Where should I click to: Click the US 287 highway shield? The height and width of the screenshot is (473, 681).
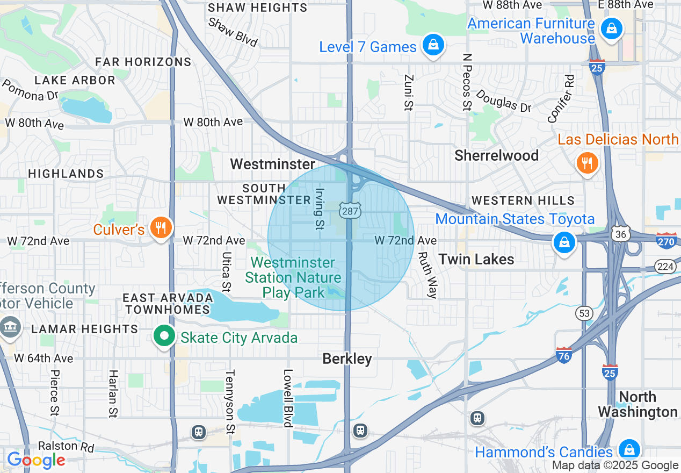pyautogui.click(x=350, y=211)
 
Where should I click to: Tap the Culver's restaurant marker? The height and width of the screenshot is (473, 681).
pyautogui.click(x=160, y=228)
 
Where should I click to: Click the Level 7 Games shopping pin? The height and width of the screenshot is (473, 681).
pyautogui.click(x=432, y=45)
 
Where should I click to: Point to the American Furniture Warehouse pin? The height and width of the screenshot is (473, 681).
pyautogui.click(x=611, y=28)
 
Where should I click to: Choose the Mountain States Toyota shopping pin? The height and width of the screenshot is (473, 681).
pyautogui.click(x=564, y=242)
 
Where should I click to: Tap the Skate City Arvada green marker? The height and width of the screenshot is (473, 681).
pyautogui.click(x=164, y=337)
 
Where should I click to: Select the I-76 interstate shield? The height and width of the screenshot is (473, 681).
pyautogui.click(x=563, y=355)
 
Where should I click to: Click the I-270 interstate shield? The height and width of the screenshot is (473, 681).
pyautogui.click(x=666, y=241)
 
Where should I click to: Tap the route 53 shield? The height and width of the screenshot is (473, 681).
pyautogui.click(x=584, y=313)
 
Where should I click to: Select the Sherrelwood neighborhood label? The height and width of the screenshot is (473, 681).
pyautogui.click(x=496, y=156)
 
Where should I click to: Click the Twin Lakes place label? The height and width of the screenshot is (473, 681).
pyautogui.click(x=476, y=260)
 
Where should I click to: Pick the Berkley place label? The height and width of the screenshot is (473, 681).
pyautogui.click(x=347, y=359)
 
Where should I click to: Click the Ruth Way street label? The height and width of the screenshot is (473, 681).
pyautogui.click(x=428, y=275)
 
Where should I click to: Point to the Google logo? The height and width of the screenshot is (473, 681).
pyautogui.click(x=36, y=460)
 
